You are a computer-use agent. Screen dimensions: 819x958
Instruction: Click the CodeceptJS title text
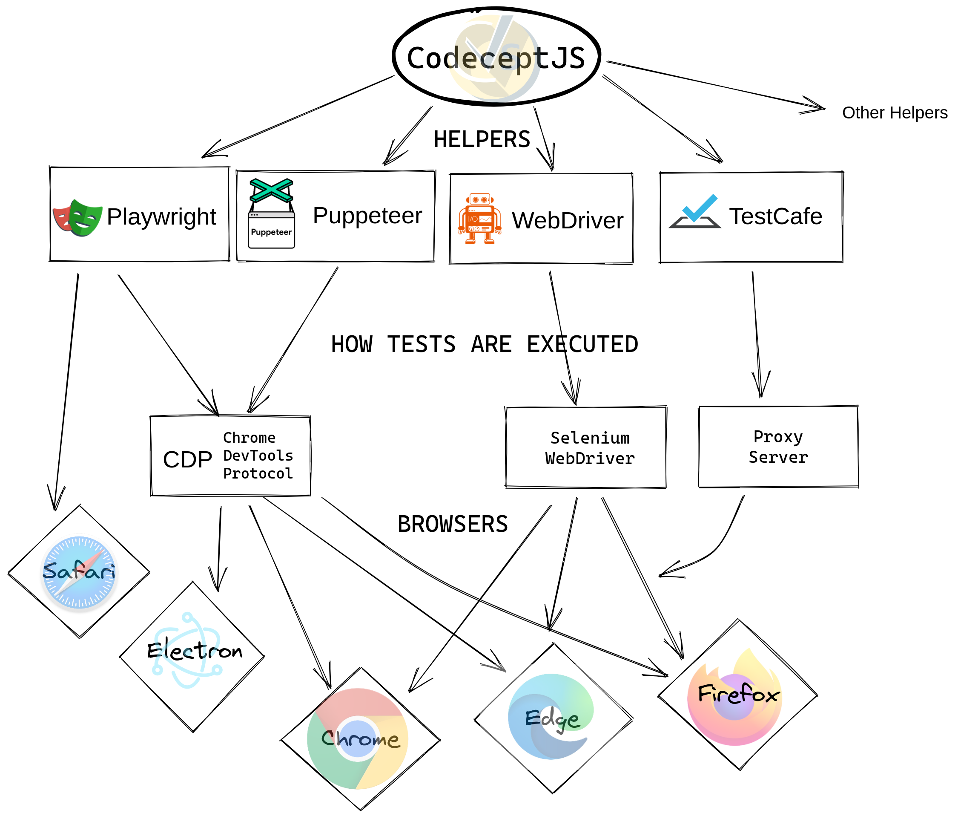pyautogui.click(x=496, y=58)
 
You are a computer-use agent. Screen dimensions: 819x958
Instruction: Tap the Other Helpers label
pyautogui.click(x=894, y=112)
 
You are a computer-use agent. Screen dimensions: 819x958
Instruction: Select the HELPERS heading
pyautogui.click(x=482, y=139)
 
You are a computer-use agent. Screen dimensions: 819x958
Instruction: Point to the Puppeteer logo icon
pyautogui.click(x=271, y=213)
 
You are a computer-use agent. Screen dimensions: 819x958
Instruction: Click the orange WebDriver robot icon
pyautogui.click(x=480, y=219)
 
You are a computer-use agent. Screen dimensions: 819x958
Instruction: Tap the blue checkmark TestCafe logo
pyautogui.click(x=695, y=211)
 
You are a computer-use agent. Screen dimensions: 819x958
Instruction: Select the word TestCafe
pyautogui.click(x=775, y=216)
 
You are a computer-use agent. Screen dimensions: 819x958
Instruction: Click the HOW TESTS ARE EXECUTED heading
pyautogui.click(x=485, y=344)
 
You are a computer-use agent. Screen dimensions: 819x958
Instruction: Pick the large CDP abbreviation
pyautogui.click(x=187, y=459)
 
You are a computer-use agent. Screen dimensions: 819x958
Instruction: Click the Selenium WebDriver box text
pyautogui.click(x=590, y=448)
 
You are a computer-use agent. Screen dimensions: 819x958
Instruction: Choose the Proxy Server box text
pyautogui.click(x=778, y=447)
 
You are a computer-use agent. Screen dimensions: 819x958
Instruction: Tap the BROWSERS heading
pyautogui.click(x=453, y=524)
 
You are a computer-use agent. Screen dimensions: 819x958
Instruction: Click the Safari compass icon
pyautogui.click(x=79, y=572)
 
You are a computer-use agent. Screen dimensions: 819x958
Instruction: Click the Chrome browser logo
pyautogui.click(x=358, y=739)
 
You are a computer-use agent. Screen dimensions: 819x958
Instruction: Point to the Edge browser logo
pyautogui.click(x=550, y=716)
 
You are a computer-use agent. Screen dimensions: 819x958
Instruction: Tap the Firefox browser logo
pyautogui.click(x=735, y=696)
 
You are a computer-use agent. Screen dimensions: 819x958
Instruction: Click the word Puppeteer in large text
pyautogui.click(x=367, y=216)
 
